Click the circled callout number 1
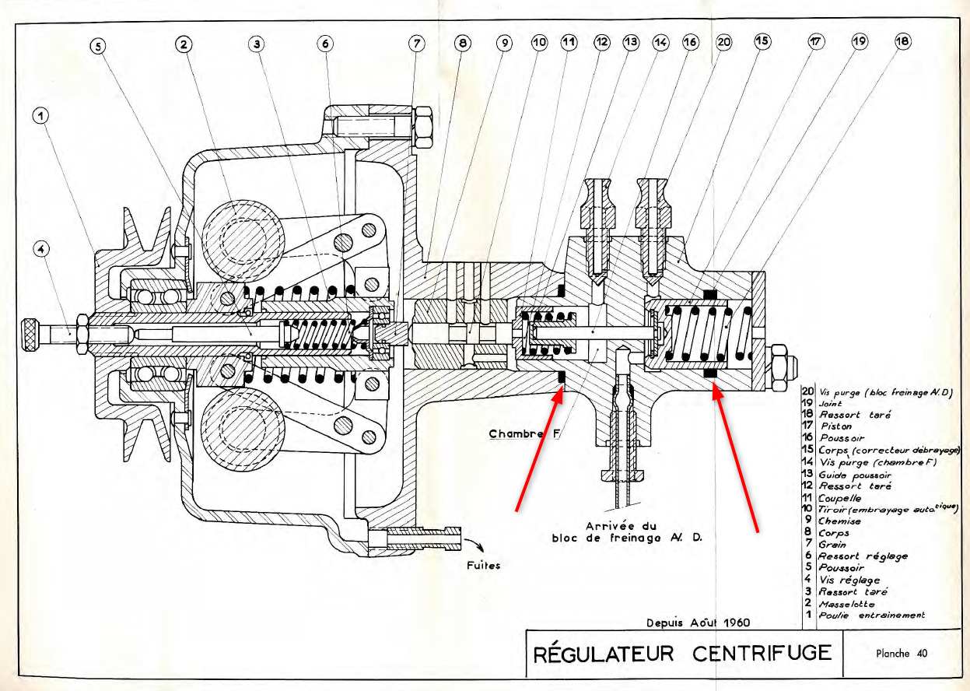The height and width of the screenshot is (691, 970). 40,117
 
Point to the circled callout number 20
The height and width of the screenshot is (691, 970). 723,43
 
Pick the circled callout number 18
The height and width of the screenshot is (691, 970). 902,43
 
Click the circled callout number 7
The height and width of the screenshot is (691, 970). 418,44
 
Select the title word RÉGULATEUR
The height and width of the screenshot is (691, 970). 604,653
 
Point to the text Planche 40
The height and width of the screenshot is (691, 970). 901,654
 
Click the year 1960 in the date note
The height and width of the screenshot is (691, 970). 736,623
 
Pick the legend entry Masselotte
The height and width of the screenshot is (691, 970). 846,603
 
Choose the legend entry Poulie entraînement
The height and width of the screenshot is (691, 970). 871,615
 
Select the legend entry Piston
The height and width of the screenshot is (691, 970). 835,426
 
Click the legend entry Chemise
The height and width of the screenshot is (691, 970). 839,521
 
